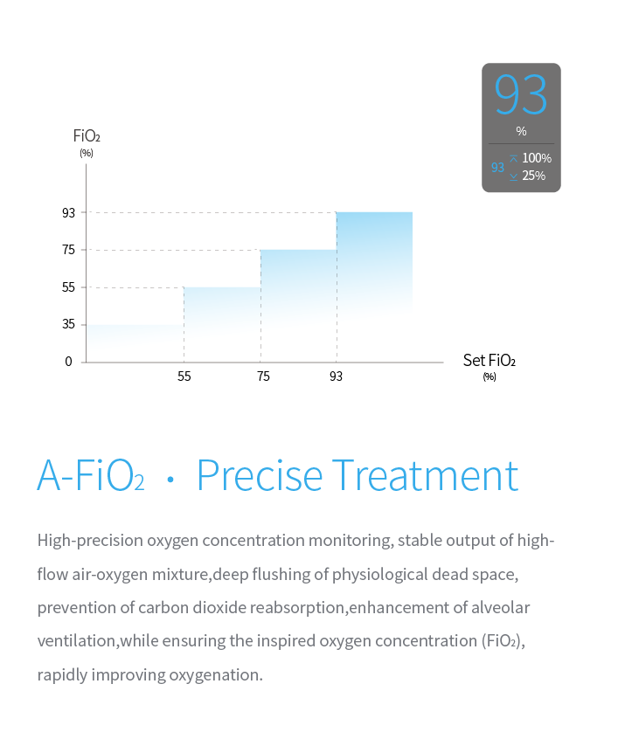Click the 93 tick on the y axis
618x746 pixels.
[68, 212]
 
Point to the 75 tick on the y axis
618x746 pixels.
[68, 250]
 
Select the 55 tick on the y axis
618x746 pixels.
[68, 287]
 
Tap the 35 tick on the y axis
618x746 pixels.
[68, 324]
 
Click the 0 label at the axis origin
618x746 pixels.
[68, 362]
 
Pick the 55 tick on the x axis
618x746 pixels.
[184, 376]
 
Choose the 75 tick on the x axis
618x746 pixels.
[263, 376]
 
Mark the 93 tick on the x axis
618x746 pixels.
[337, 376]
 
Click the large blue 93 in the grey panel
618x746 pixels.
[521, 94]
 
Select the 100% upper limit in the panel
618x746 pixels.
[537, 158]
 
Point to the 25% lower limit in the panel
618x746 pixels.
[534, 176]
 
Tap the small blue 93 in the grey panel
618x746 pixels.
[497, 168]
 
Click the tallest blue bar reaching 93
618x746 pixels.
[375, 262]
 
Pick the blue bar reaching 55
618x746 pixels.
[222, 314]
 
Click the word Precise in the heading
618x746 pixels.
[260, 475]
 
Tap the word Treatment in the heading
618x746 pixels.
[425, 475]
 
